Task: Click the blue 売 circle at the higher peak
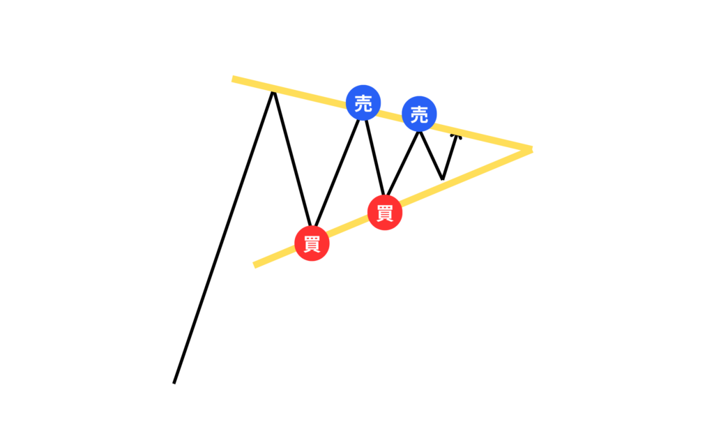tap(363, 104)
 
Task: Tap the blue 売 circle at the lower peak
tap(419, 115)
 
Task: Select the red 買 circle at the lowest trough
tap(312, 243)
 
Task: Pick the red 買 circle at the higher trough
tap(385, 213)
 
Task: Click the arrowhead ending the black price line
tap(457, 136)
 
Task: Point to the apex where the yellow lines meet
tap(531, 149)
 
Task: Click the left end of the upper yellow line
tap(234, 79)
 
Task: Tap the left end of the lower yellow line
tap(256, 265)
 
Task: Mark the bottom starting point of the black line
tap(174, 382)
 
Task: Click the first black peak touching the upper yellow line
tap(273, 91)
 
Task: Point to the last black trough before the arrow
tap(443, 179)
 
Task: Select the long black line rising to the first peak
tap(223, 237)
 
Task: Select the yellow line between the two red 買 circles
tap(349, 229)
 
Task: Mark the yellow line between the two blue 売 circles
tap(390, 117)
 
